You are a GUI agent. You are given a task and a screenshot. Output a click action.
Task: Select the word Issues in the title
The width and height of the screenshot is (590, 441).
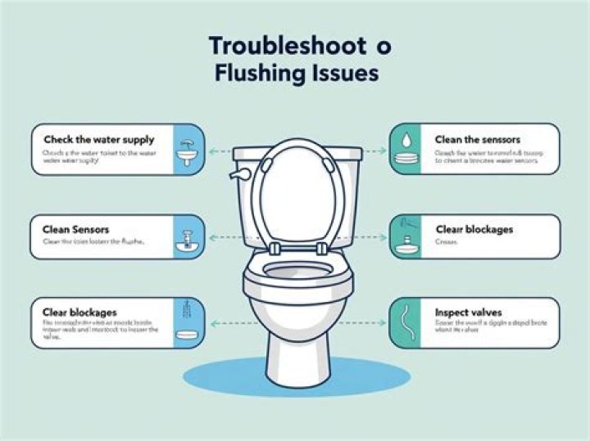point(344,74)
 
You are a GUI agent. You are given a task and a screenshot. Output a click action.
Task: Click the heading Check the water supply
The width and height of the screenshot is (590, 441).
point(98,140)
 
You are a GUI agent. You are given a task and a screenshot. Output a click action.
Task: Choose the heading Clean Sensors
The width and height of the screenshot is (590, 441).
point(75,230)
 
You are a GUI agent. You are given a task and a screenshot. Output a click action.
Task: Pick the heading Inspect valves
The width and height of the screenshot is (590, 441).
point(470,313)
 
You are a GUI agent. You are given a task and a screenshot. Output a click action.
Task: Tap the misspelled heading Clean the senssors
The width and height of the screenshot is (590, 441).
point(478,140)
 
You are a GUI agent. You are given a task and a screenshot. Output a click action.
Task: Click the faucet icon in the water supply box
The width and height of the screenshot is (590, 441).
point(188,151)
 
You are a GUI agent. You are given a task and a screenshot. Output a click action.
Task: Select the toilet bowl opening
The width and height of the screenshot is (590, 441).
point(297,274)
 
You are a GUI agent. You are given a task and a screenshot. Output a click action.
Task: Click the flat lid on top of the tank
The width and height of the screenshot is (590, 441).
point(297,153)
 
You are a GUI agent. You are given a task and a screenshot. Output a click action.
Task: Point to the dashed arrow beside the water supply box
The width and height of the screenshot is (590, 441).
point(217,151)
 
